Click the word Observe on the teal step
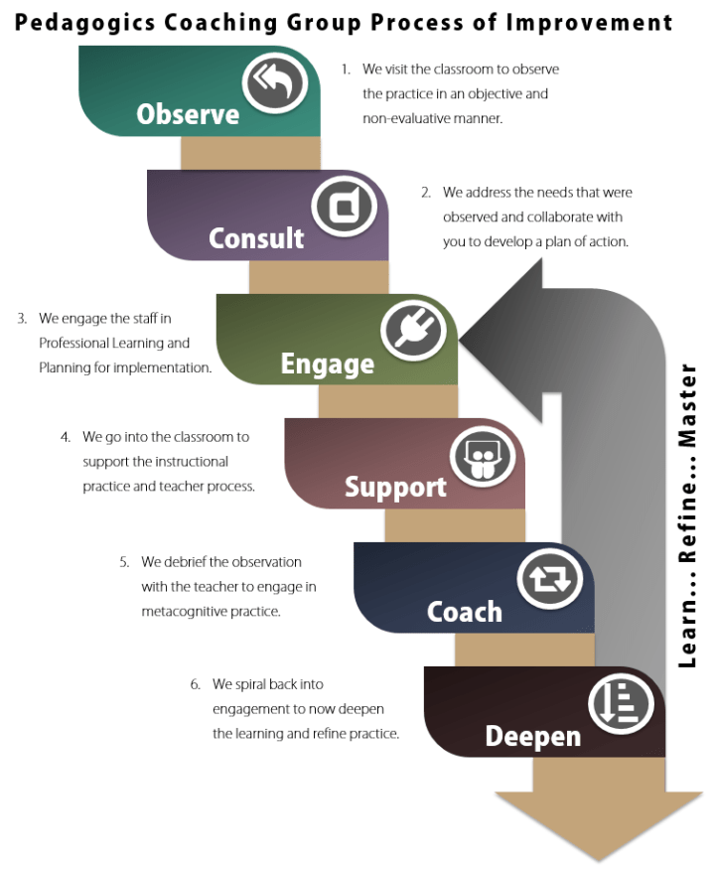coord(188,114)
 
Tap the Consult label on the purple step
coord(256,238)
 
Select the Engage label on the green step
coord(327,363)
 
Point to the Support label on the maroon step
coord(395,488)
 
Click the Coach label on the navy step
coord(464,611)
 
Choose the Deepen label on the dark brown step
coord(532,736)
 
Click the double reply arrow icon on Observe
coord(273,83)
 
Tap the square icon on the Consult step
coord(343,208)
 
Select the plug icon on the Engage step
coord(411,332)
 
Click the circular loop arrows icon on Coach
coord(549,580)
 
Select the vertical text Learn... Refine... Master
coord(687,515)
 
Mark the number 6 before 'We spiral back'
coord(195,684)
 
